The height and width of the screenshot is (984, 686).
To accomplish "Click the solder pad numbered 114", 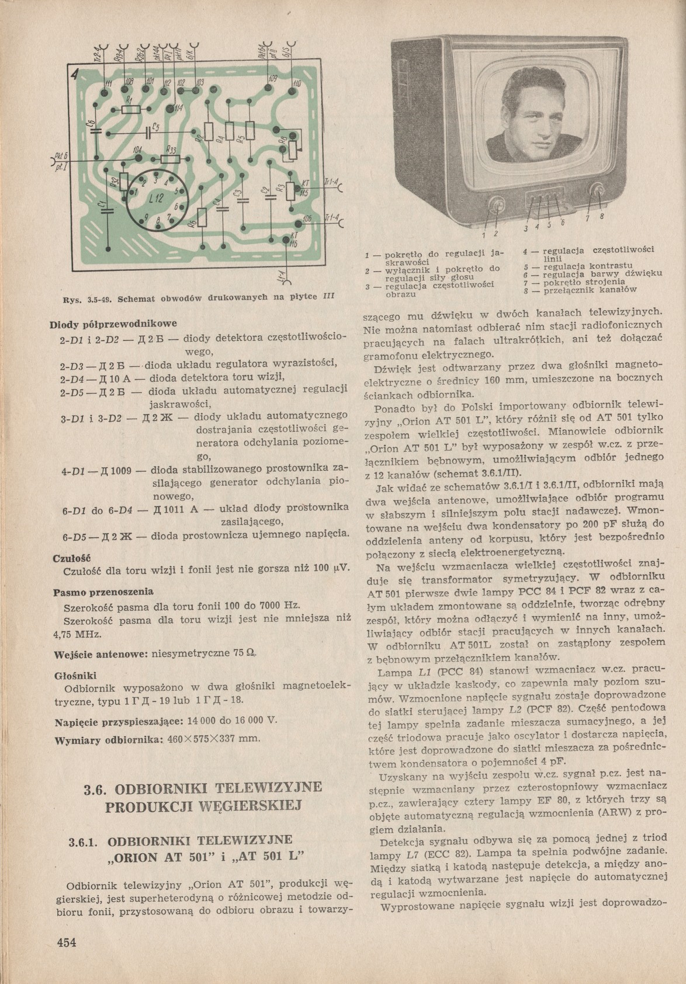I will (170, 108).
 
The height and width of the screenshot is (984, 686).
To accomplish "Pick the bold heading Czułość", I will (69, 557).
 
